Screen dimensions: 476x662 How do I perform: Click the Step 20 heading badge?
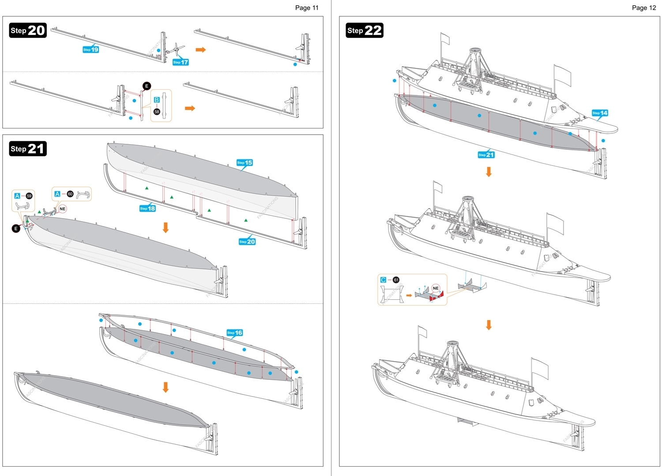coord(28,30)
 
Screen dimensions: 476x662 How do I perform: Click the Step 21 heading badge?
coord(28,149)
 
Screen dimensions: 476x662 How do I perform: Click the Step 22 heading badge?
coord(365,30)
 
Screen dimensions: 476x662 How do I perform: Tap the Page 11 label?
coord(307,8)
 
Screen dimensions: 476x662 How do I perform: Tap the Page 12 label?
coord(644,8)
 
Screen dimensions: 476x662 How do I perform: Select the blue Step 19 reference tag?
coord(91,49)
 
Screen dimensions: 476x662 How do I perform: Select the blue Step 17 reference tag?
coord(181,62)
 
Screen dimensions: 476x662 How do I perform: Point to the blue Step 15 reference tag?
coord(244,162)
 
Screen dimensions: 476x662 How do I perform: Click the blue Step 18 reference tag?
coord(147,208)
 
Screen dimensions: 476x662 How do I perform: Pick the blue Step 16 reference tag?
coord(235,332)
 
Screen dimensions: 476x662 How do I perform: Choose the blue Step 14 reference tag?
coord(600,113)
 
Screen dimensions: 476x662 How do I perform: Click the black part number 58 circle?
coord(157,112)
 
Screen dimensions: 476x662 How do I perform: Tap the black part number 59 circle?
coord(29,196)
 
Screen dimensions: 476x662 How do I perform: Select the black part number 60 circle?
coord(70,194)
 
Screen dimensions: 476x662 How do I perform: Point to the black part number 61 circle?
coord(396,280)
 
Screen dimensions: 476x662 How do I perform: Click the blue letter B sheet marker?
coord(157,100)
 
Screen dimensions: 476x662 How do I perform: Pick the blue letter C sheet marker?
coord(383,280)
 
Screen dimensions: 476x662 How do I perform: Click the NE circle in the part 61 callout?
coord(436,288)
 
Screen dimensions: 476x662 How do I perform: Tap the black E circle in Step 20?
coord(147,86)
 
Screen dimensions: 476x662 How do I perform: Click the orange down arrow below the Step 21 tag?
coord(489,172)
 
